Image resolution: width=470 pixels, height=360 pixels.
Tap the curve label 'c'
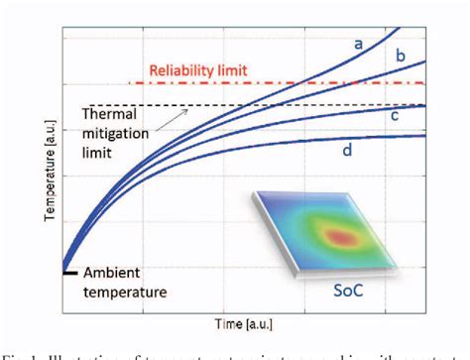point(394,116)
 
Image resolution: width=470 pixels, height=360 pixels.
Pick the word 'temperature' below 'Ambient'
point(125,292)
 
